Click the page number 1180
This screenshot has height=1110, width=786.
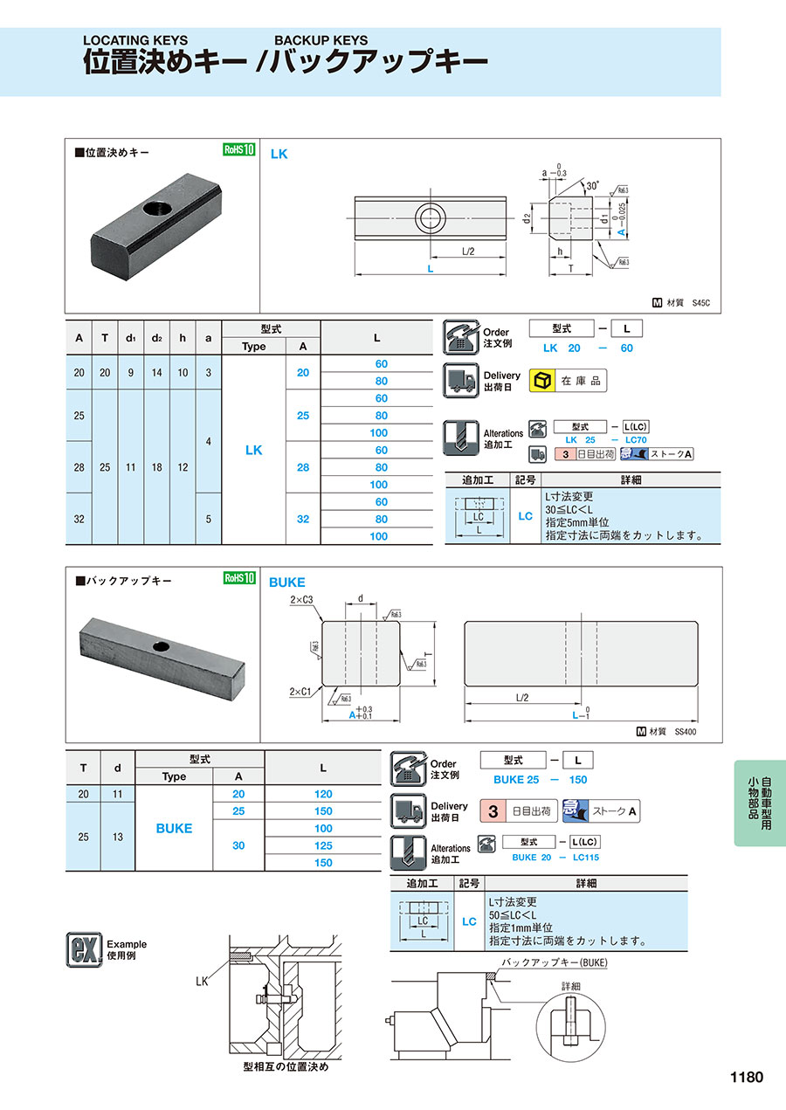coord(746,1077)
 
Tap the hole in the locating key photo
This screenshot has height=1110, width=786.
coord(160,210)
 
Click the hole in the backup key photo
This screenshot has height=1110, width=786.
coord(162,645)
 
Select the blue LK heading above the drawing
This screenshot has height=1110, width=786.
coord(279,154)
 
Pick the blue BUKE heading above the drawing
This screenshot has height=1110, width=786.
coord(286,582)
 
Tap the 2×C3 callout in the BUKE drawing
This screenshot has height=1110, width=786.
coord(303,600)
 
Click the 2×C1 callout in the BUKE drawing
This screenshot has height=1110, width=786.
coord(302,692)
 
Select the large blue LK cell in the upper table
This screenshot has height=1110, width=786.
coord(253,450)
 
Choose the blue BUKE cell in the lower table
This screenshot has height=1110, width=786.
coord(174,828)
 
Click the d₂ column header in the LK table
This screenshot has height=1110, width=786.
coord(156,338)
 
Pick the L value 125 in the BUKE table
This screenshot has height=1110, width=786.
coord(323,845)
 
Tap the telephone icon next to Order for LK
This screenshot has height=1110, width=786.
coord(460,335)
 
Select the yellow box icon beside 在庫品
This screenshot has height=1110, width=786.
coord(542,380)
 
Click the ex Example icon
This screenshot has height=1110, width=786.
coord(83,949)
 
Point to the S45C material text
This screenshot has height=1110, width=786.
coord(700,304)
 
